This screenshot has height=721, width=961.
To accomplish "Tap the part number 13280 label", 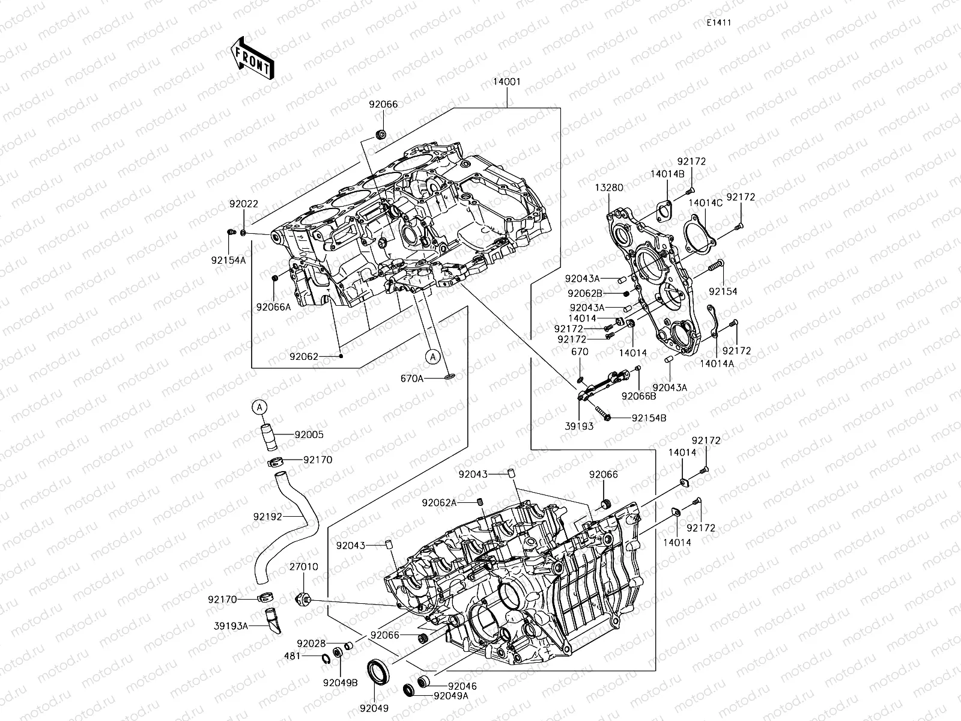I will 609,188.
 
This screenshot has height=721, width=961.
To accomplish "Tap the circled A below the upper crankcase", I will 432,356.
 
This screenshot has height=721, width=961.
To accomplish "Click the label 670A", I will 412,379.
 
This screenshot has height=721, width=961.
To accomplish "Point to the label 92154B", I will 649,418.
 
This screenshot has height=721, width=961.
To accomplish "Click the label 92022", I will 243,204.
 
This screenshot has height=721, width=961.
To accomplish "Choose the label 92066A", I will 274,306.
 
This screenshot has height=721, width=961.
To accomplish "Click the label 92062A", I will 439,502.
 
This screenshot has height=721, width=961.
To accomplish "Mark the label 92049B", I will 340,683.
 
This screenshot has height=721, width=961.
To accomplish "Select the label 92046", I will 462,686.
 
